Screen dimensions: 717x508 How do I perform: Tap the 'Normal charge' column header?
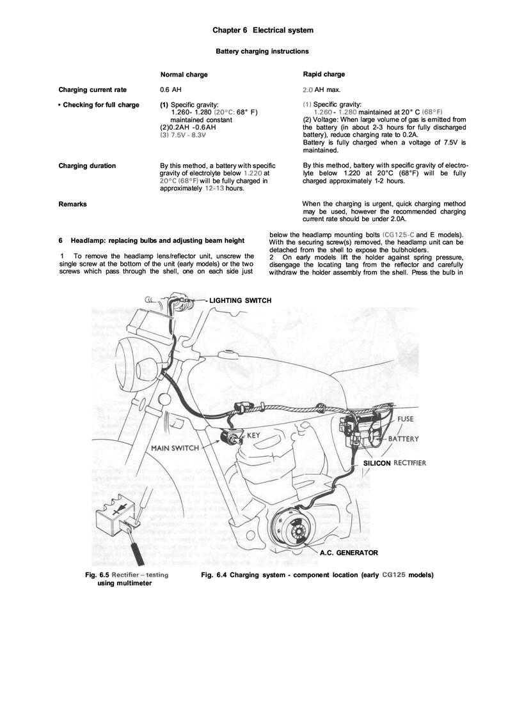point(184,75)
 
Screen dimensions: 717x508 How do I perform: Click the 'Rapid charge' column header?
point(324,75)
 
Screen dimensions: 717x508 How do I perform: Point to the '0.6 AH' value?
point(170,89)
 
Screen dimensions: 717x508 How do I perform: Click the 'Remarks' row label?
point(72,204)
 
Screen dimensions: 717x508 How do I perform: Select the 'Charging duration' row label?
point(87,166)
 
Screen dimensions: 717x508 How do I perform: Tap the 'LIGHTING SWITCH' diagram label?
point(241,300)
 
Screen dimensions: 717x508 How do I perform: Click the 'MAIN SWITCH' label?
point(175,448)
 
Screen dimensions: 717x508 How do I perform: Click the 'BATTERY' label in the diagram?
point(403,439)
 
